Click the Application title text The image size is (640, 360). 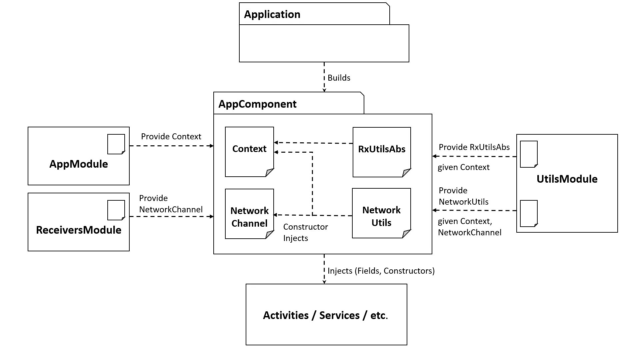272,15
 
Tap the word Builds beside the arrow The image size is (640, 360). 339,78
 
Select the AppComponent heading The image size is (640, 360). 257,104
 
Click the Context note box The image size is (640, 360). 249,152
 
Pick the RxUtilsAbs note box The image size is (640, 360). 382,152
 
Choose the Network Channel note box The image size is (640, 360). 249,214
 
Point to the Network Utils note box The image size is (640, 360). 381,213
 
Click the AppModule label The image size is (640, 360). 79,164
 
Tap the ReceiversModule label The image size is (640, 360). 79,230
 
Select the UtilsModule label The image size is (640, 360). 567,179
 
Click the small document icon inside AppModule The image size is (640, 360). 116,144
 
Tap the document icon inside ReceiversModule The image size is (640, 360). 116,210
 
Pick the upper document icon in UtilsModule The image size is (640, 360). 529,154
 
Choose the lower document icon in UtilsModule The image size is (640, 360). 529,213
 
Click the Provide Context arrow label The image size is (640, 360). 171,137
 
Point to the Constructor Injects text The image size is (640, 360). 306,232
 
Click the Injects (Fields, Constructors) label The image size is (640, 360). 381,271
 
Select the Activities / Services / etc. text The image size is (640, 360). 326,315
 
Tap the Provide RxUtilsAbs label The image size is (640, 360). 474,147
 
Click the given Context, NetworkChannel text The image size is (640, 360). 470,227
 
